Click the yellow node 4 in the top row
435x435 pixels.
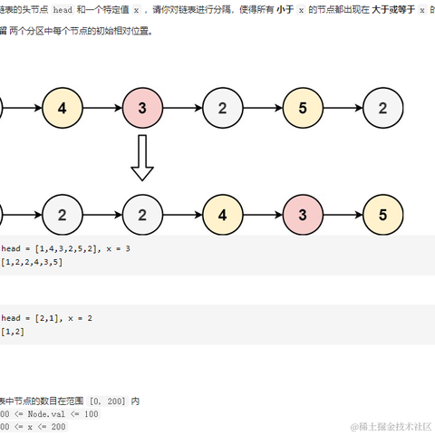click(62, 110)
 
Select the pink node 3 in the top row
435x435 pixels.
click(141, 110)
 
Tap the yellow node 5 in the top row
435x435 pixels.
click(303, 110)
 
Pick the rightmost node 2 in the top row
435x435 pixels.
click(383, 110)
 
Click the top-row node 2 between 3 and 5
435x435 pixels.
click(222, 110)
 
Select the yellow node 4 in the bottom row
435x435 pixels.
click(222, 216)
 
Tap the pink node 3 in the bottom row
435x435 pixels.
click(303, 216)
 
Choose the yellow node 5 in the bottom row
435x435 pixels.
click(383, 216)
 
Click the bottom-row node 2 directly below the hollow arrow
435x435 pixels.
click(141, 216)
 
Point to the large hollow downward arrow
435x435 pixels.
click(141, 159)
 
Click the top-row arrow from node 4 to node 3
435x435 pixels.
click(101, 110)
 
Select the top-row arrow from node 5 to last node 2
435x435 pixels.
click(343, 110)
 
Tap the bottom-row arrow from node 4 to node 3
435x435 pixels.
click(263, 216)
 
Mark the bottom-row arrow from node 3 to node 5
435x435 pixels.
click(343, 216)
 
